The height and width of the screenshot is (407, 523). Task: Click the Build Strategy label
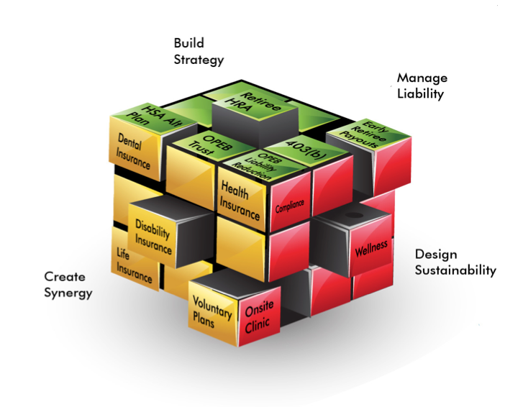pyautogui.click(x=199, y=51)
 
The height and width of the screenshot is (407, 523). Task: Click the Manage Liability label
pyautogui.click(x=422, y=85)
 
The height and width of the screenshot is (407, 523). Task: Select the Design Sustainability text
pyautogui.click(x=455, y=262)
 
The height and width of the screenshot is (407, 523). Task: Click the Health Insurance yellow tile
pyautogui.click(x=240, y=201)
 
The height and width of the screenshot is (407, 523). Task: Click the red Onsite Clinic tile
pyautogui.click(x=258, y=318)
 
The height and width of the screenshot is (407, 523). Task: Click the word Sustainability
pyautogui.click(x=455, y=270)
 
